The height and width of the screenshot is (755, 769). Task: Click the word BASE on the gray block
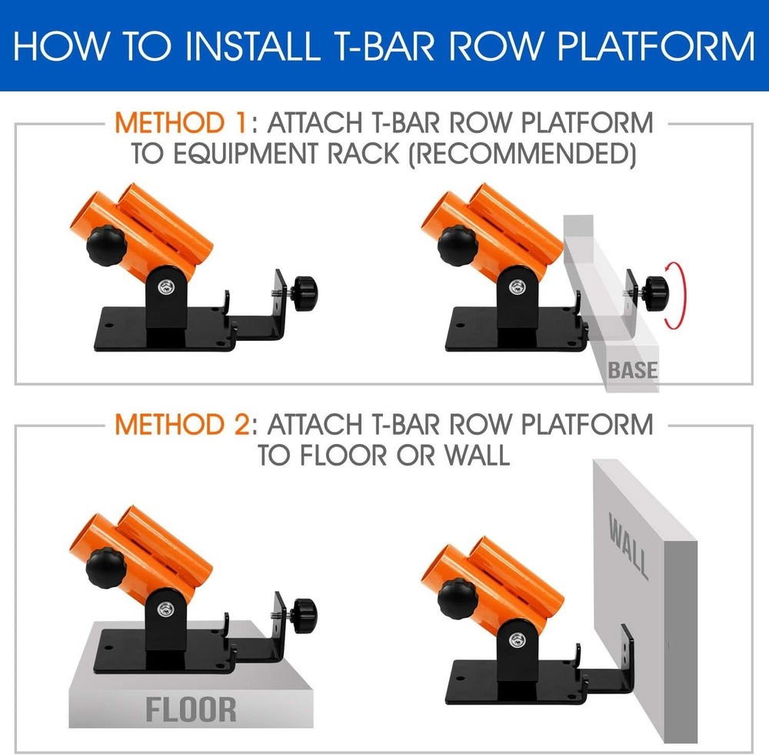click(x=633, y=370)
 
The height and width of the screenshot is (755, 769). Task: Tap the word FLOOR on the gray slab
click(x=191, y=709)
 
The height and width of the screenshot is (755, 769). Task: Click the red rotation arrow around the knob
click(x=679, y=296)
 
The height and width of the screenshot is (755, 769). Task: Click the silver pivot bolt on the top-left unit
click(x=167, y=286)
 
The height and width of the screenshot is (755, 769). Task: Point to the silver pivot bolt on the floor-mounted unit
click(x=167, y=609)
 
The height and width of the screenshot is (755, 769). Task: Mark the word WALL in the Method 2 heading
click(x=475, y=455)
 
